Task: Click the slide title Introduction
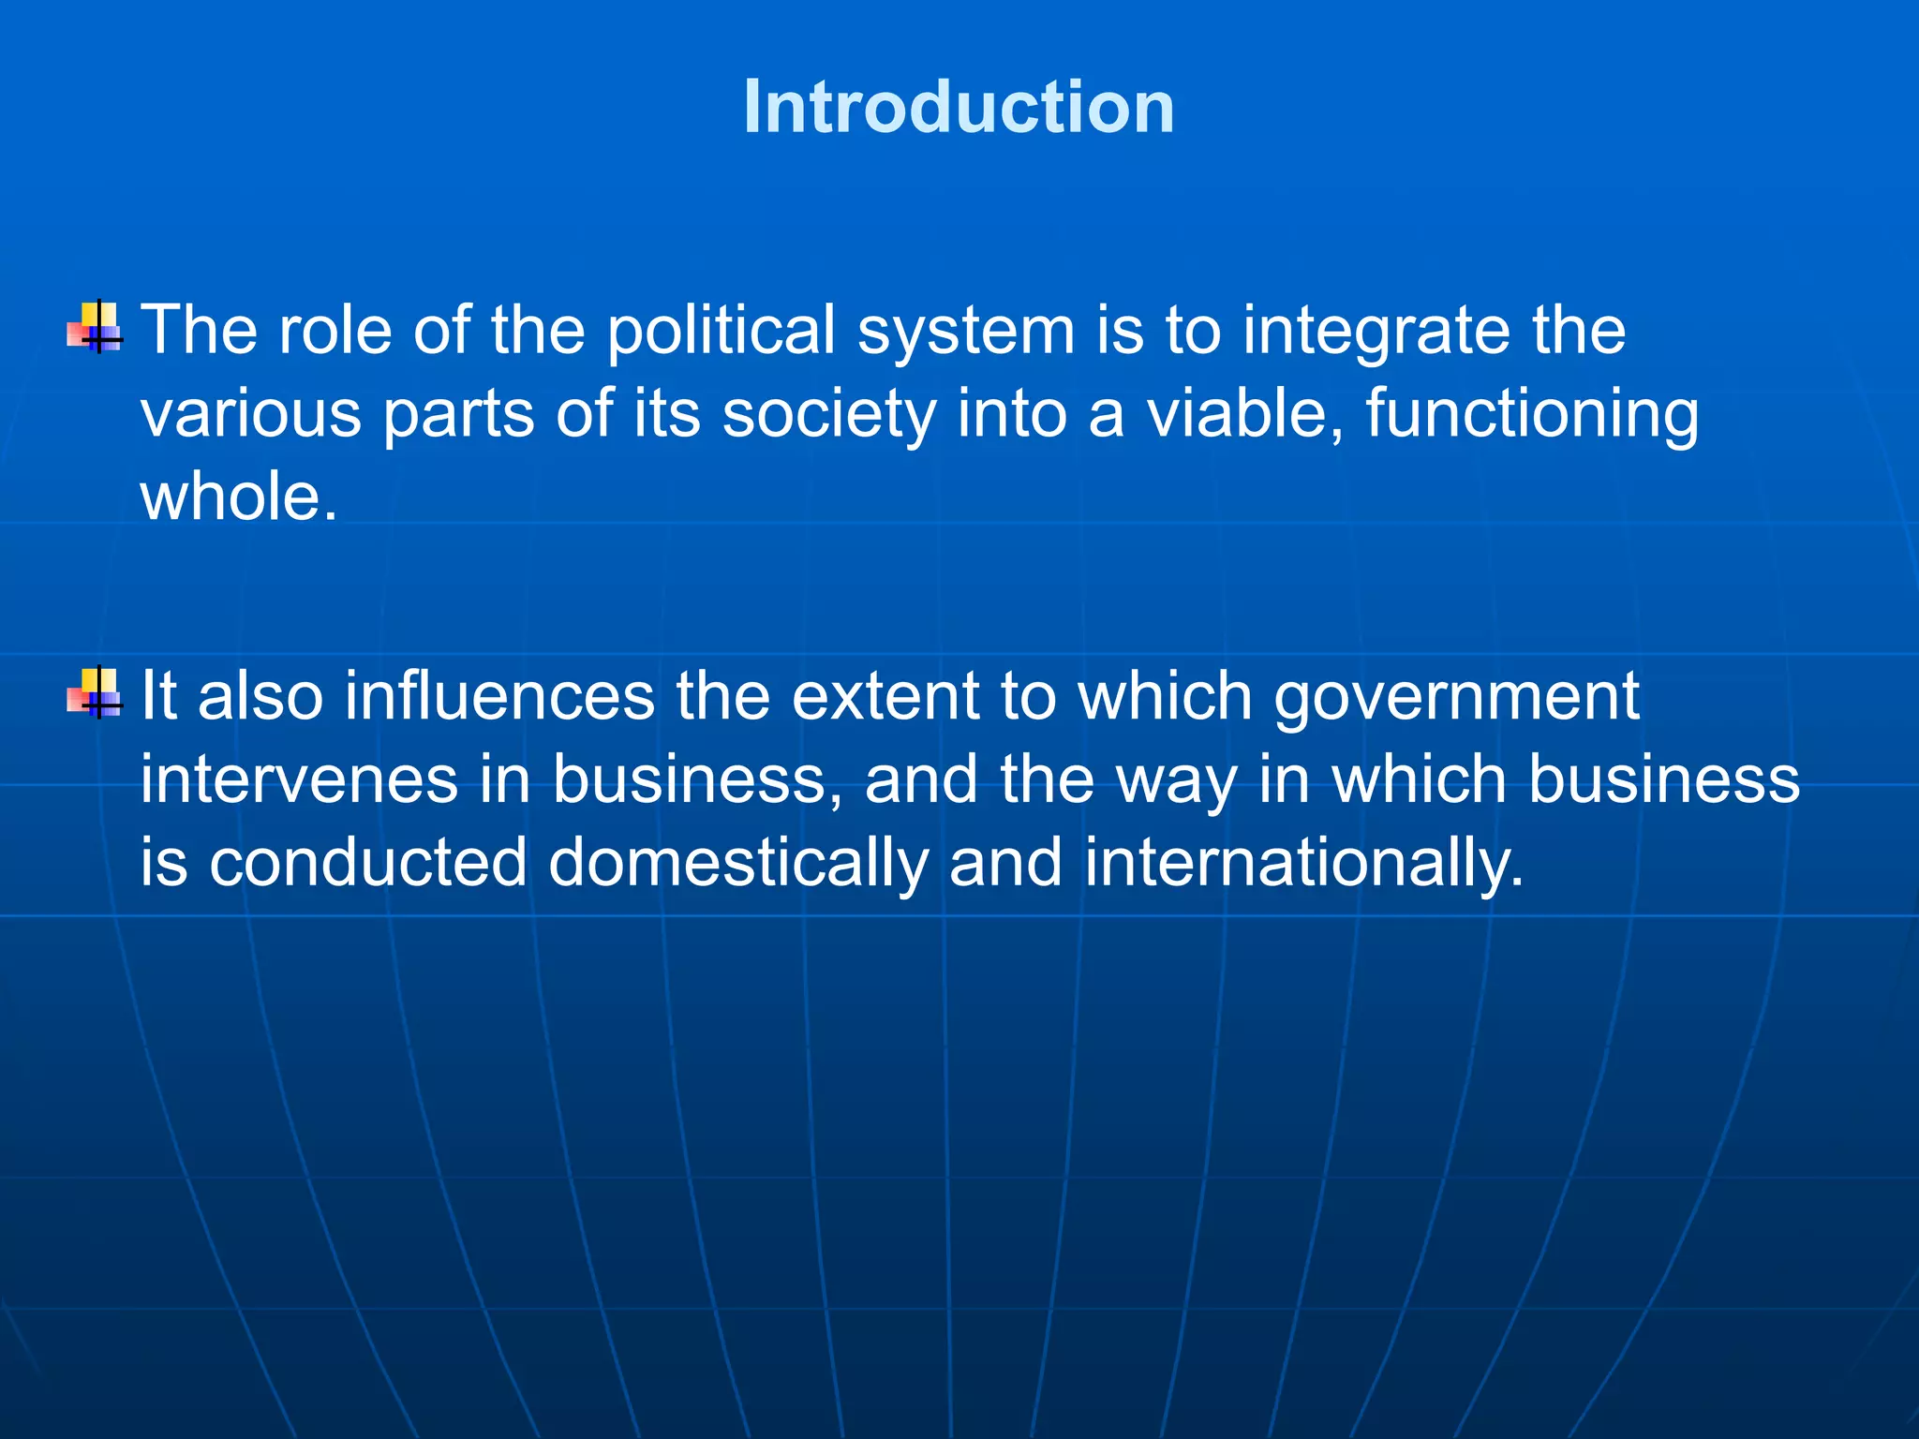pos(959,107)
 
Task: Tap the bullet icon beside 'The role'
pos(95,327)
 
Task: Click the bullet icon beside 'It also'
pos(95,693)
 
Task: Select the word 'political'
pos(721,332)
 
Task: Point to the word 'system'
pos(966,334)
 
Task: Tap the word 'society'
pos(828,415)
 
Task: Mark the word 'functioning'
pos(1531,415)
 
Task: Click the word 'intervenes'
pos(299,780)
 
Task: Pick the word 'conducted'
pos(368,863)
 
